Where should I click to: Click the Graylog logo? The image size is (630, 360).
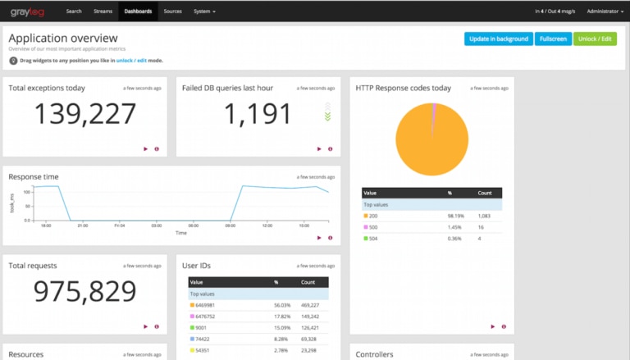pos(26,11)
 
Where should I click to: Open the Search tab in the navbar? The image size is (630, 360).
pos(74,11)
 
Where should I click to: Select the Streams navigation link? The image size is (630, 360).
pos(103,11)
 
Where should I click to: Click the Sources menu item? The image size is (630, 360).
pos(172,11)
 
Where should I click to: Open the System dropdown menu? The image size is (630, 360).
pos(205,11)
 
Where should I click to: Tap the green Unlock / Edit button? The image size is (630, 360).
pos(595,39)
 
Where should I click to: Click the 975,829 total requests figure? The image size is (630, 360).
pos(84,292)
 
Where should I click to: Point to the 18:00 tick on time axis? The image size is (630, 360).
pos(46,226)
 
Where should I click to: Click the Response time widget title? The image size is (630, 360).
pos(34,176)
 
